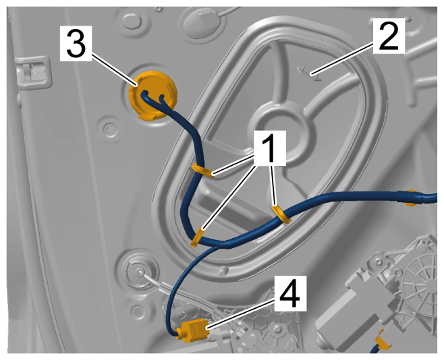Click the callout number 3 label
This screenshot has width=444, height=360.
[x=76, y=43]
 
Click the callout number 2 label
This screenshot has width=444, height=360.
[x=389, y=36]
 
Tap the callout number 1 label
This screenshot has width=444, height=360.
[x=270, y=148]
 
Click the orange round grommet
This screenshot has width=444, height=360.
[x=153, y=95]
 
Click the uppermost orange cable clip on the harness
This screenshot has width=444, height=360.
[x=203, y=171]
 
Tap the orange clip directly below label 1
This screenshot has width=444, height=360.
[x=281, y=214]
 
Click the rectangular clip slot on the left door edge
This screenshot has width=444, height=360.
[x=34, y=72]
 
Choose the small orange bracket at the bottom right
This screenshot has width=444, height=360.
[x=383, y=339]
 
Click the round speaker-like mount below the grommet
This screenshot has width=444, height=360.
[x=138, y=272]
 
